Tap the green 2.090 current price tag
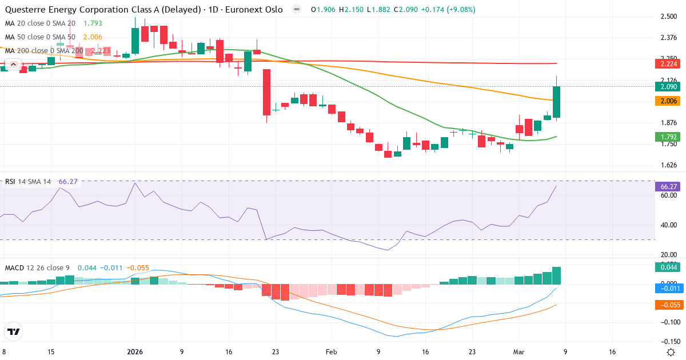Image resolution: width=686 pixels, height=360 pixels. [667, 86]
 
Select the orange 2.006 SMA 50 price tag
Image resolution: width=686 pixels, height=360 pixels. [667, 101]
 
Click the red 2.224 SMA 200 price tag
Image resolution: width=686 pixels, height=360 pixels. [667, 65]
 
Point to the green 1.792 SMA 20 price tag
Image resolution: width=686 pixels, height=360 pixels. [667, 137]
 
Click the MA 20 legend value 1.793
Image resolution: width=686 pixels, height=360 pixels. [93, 23]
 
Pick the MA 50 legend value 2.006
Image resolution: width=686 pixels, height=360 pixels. [93, 37]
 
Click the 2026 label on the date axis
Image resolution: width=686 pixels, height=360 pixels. [134, 352]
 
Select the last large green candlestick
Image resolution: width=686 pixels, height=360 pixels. [556, 102]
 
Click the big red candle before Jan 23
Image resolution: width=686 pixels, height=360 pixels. [266, 92]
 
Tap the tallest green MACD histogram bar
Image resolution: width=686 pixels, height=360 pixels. [556, 275]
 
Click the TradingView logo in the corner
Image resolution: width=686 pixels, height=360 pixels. [14, 331]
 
